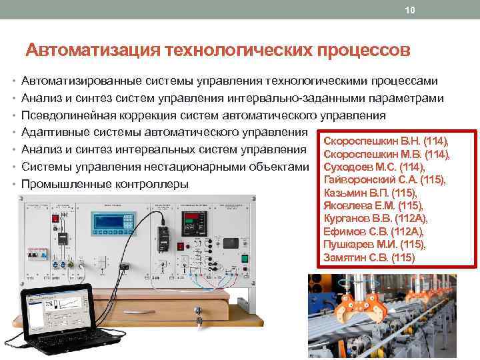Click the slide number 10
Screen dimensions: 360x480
click(409, 9)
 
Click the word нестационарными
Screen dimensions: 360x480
click(188, 167)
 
